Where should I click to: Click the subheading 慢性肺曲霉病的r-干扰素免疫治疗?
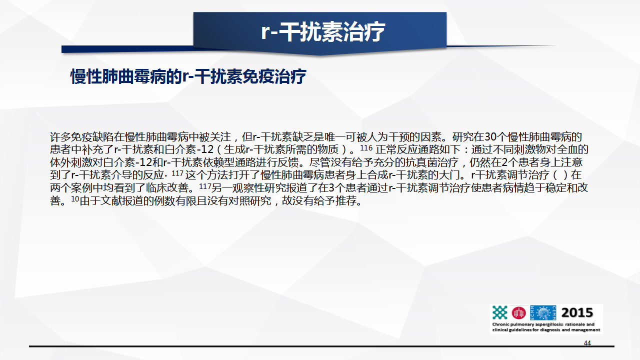point(188,76)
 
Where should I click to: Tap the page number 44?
point(587,343)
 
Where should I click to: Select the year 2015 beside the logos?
point(577,312)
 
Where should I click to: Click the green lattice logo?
point(499,312)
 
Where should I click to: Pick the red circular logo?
point(518,313)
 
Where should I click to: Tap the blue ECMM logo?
point(543,312)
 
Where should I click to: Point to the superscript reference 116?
point(366,148)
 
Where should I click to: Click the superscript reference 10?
point(75,199)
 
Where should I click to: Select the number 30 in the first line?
point(491,137)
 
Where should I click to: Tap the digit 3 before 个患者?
point(331,187)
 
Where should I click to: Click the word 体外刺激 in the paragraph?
point(71,162)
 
